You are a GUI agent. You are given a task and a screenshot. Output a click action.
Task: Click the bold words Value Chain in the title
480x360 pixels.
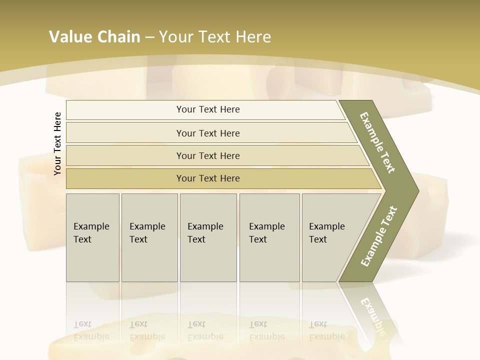94,37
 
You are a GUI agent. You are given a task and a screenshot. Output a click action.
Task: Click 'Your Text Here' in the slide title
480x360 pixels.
215,37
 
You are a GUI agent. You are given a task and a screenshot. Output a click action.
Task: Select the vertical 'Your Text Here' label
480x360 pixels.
57,143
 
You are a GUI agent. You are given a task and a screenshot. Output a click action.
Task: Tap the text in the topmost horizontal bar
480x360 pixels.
208,109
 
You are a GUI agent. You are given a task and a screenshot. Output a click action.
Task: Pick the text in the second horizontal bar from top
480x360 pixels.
208,133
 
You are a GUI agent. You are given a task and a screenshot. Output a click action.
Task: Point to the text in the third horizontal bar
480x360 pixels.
208,156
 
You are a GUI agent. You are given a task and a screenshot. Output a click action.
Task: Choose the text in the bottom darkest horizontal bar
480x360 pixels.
208,178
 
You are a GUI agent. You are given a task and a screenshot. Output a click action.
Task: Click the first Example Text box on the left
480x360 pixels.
92,237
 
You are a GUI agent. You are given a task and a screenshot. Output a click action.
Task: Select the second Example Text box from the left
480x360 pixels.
149,237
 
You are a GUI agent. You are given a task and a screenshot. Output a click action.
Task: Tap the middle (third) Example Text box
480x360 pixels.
207,237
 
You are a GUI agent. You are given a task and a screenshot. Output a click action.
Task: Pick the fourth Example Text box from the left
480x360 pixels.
269,237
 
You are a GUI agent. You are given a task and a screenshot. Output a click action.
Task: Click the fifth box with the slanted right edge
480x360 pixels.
330,237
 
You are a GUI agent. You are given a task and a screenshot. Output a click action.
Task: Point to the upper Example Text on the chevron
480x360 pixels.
377,142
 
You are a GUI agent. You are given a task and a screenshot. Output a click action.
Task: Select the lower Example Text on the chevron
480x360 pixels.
378,236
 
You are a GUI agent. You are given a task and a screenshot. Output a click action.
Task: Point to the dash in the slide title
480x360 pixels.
149,37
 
